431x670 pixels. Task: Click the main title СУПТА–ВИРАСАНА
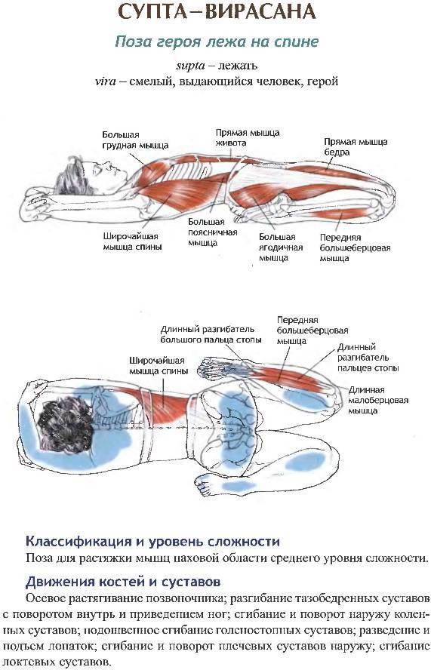point(217,12)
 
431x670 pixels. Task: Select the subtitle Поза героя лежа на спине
point(217,42)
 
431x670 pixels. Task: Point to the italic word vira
point(105,81)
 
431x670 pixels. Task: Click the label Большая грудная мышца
point(135,140)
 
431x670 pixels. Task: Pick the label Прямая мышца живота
point(248,137)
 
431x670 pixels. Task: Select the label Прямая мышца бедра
point(356,147)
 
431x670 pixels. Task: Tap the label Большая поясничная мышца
point(213,232)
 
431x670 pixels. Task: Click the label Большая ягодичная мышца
point(281,247)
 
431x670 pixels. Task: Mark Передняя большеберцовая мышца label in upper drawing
point(355,247)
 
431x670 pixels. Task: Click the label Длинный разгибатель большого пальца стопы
point(211,335)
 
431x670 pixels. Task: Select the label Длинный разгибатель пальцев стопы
point(368,358)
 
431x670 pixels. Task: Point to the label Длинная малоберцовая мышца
point(378,401)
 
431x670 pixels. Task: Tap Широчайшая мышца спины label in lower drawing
point(159,366)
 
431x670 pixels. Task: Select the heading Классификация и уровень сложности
point(152,542)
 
